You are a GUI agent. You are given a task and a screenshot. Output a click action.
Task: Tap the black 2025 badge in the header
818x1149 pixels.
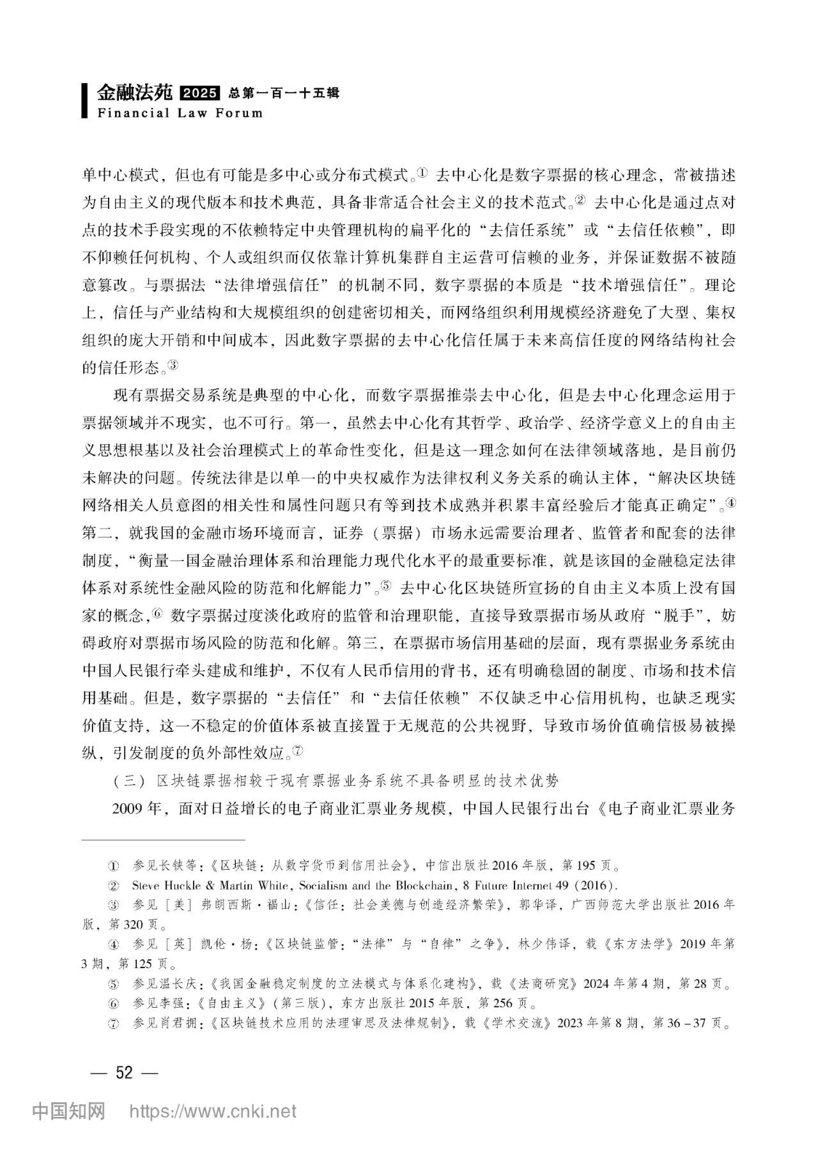tap(200, 94)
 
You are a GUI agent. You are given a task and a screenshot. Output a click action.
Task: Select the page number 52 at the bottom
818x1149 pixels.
tap(124, 1072)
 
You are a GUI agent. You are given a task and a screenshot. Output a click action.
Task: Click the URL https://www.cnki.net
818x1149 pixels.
tap(213, 1111)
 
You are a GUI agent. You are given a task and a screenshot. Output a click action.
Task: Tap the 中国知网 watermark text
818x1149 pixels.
tap(68, 1111)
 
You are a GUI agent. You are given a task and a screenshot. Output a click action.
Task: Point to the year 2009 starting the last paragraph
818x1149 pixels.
tap(127, 808)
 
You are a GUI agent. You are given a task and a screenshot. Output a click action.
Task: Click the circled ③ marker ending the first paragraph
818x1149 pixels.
tap(174, 366)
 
